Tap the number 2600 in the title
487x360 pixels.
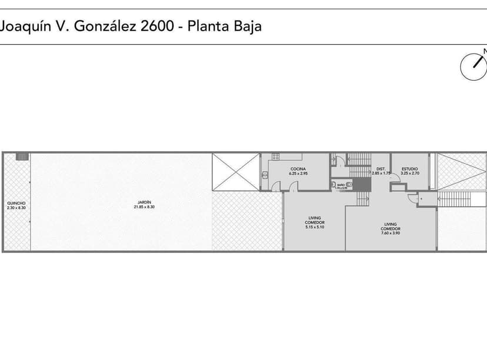point(155,26)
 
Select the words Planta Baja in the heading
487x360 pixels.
point(224,26)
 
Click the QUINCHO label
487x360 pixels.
point(16,204)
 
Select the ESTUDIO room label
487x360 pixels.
point(409,169)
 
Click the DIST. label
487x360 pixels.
point(381,169)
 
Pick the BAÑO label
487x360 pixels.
point(341,184)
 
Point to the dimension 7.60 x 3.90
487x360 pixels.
point(391,228)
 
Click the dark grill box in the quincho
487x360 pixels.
point(22,156)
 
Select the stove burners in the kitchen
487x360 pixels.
point(275,157)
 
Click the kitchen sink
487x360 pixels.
point(265,175)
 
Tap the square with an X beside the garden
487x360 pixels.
point(235,172)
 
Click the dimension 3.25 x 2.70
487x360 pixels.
point(409,174)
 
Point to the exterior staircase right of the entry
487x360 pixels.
point(462,199)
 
